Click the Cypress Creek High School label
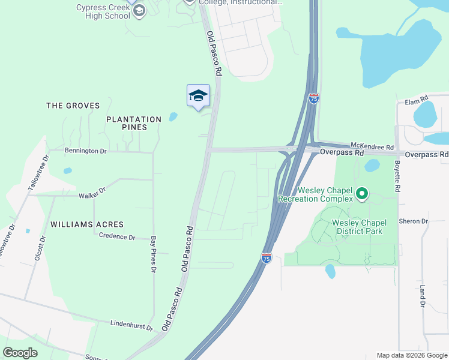click(103, 11)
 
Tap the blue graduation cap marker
click(198, 96)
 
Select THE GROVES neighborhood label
click(73, 106)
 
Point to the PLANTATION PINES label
click(134, 123)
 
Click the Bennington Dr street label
click(85, 151)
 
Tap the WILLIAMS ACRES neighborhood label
click(87, 224)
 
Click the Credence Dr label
click(117, 237)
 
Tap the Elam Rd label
click(415, 98)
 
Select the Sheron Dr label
click(413, 221)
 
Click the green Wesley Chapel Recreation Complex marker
click(361, 193)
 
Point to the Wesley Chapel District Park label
click(359, 227)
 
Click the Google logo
click(20, 352)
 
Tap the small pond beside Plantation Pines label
click(173, 117)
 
